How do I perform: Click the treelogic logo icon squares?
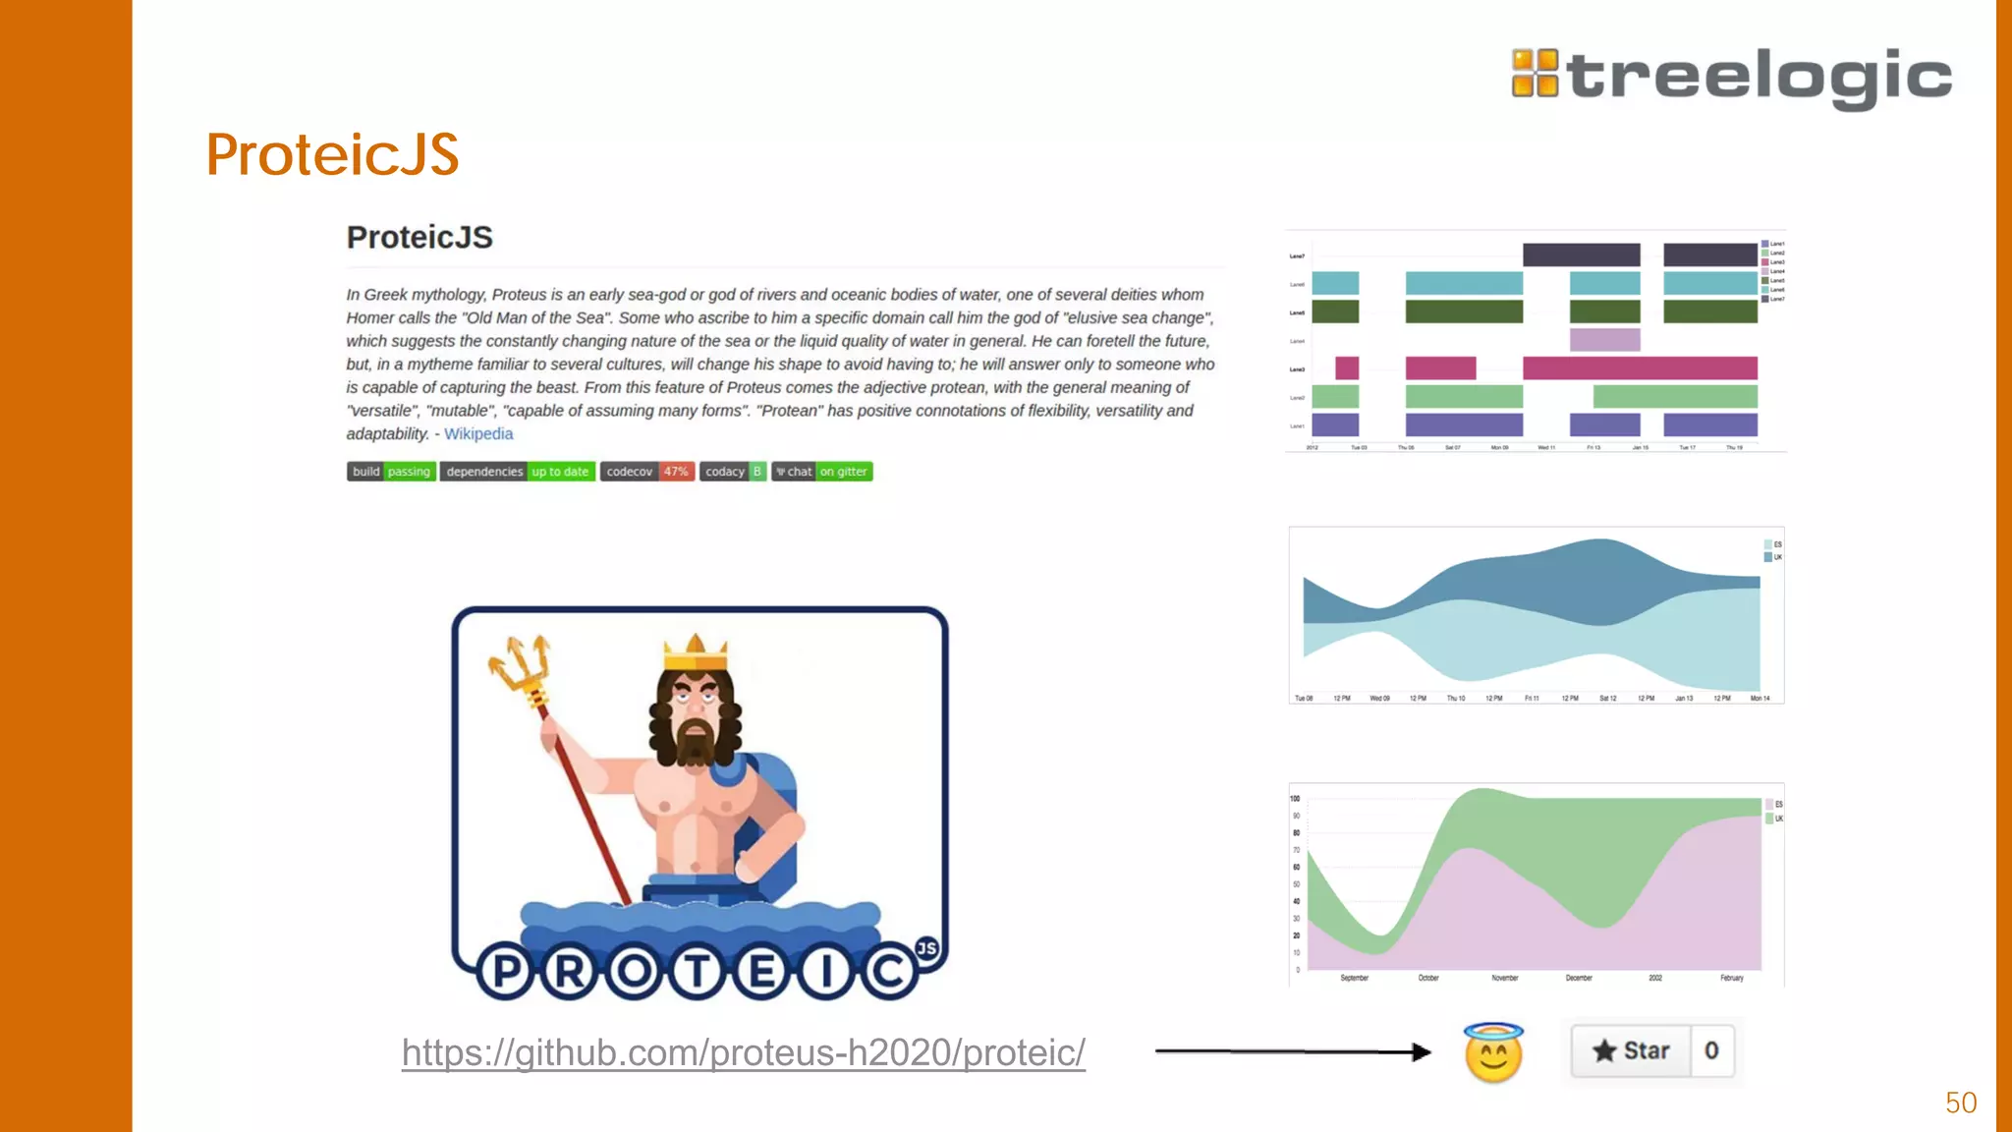1535,74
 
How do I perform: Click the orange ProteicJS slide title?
332,155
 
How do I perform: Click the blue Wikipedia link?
478,433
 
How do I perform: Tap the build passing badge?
391,472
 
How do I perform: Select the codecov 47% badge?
647,472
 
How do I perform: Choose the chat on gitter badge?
822,472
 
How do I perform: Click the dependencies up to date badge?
517,472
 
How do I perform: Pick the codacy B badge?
733,472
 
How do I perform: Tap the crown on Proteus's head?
696,651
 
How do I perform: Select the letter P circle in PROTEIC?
506,972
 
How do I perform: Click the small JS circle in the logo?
926,948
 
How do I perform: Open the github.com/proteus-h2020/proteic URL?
743,1052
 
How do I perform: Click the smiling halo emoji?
1493,1053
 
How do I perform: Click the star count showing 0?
1711,1050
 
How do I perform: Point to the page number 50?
1960,1103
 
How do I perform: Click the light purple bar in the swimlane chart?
1604,340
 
